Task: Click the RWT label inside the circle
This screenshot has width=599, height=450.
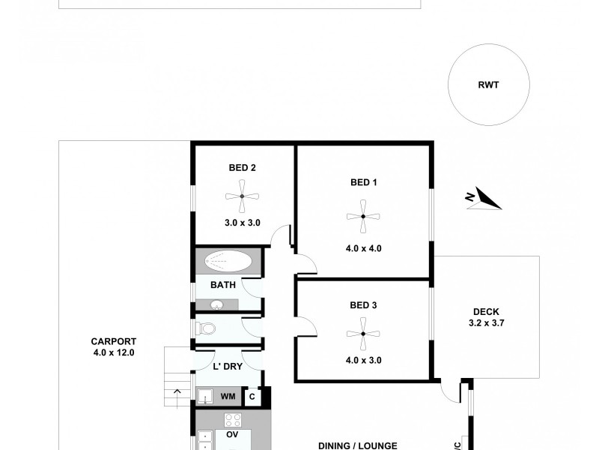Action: (x=488, y=85)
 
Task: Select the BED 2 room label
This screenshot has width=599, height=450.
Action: (x=243, y=168)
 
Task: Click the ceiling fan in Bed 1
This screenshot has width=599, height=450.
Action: (x=363, y=216)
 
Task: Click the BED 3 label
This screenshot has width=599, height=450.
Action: (x=364, y=305)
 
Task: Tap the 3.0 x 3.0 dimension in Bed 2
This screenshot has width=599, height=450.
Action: (x=243, y=223)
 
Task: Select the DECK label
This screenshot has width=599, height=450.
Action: (x=486, y=313)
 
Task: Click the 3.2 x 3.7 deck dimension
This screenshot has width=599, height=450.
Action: (x=486, y=324)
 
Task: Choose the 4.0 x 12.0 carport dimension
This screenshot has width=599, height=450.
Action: (x=112, y=352)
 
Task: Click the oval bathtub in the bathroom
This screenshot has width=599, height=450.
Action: (x=228, y=262)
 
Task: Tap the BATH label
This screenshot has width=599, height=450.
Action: (x=223, y=285)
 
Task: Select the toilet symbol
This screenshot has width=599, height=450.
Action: (x=207, y=329)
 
